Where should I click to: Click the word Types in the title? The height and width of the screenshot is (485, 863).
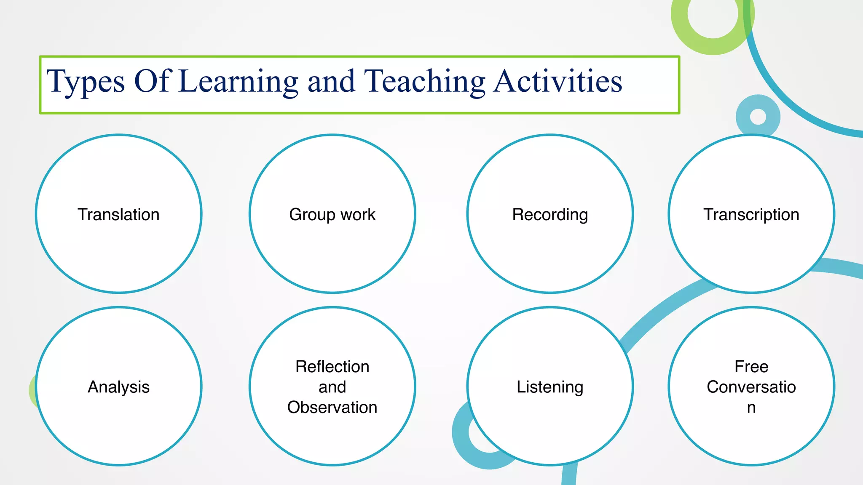86,81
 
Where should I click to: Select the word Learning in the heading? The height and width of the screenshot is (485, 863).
238,81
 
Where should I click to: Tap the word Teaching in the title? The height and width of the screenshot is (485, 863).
424,81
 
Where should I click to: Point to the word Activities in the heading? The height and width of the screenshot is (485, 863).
558,81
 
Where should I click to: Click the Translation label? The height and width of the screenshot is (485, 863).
118,215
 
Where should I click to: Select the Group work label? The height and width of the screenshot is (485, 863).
332,215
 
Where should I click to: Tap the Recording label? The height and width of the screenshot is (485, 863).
550,215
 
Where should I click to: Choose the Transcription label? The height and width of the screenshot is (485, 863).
751,215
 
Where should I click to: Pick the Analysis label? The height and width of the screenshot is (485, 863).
118,387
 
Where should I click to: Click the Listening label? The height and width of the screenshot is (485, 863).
550,387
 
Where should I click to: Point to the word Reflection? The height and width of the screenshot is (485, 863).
332,367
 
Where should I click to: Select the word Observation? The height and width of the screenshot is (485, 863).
332,408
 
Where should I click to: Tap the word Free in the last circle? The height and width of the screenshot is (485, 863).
751,367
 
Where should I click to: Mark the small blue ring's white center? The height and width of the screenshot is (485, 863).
758,117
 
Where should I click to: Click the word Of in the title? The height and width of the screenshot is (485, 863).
152,81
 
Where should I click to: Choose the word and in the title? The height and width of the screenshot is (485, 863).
331,81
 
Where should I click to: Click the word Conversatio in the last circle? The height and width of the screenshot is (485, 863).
751,387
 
